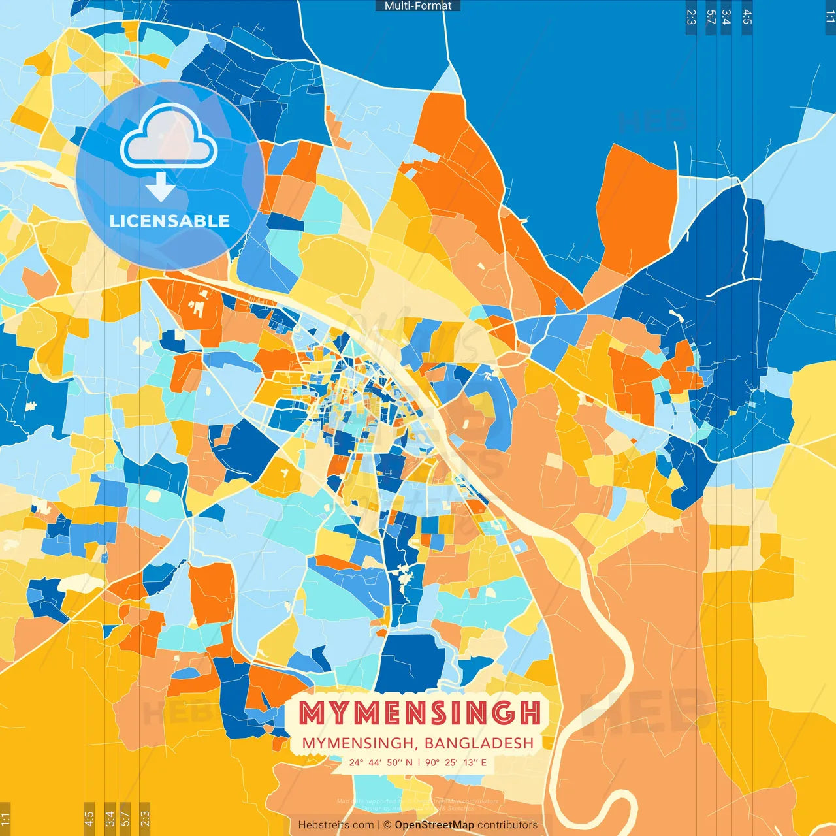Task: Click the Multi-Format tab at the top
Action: click(418, 6)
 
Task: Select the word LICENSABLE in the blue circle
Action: click(170, 221)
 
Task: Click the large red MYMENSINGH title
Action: click(420, 713)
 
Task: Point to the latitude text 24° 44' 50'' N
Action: click(381, 762)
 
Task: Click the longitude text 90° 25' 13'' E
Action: click(456, 762)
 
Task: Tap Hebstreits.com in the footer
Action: click(336, 825)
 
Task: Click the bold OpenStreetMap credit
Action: click(434, 825)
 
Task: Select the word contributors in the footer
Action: click(507, 825)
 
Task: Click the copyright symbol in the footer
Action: click(387, 825)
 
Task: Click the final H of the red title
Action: click(530, 713)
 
